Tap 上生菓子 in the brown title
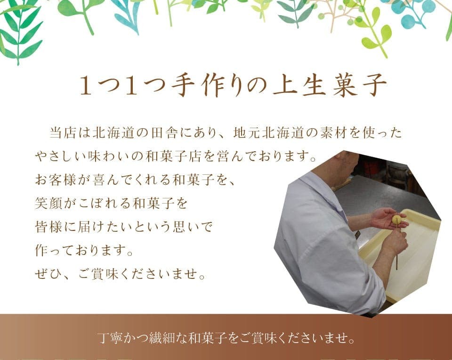click(330, 86)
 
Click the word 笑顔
click(46, 203)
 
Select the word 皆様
click(46, 227)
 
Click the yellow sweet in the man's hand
click(397, 220)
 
